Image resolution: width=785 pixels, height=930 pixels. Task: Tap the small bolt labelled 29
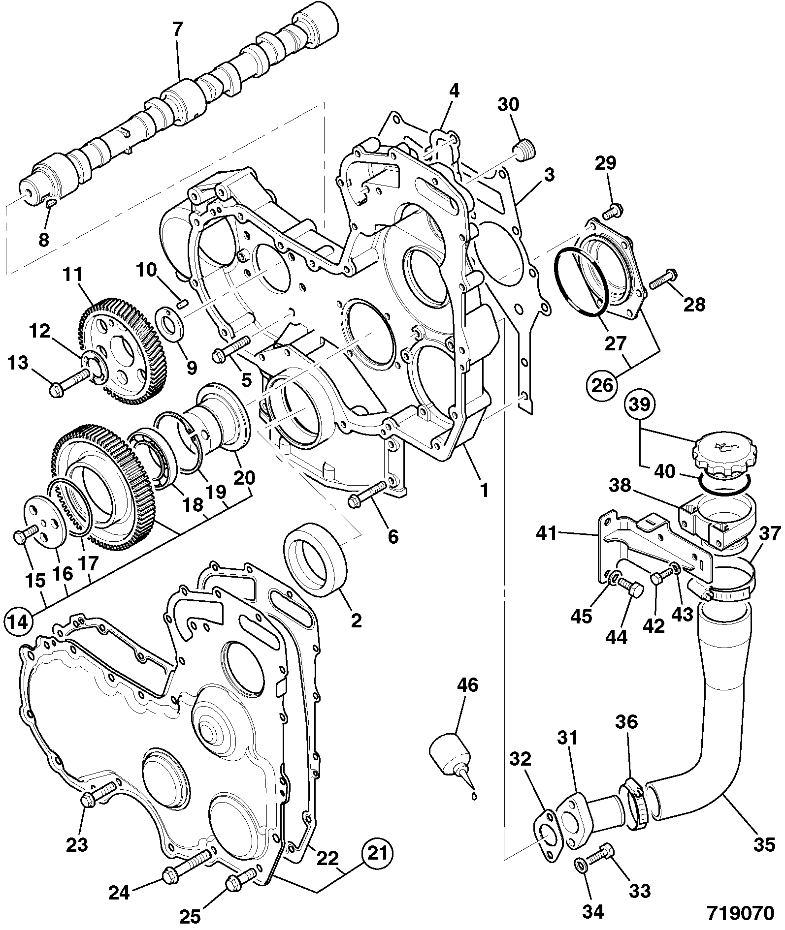[612, 211]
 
